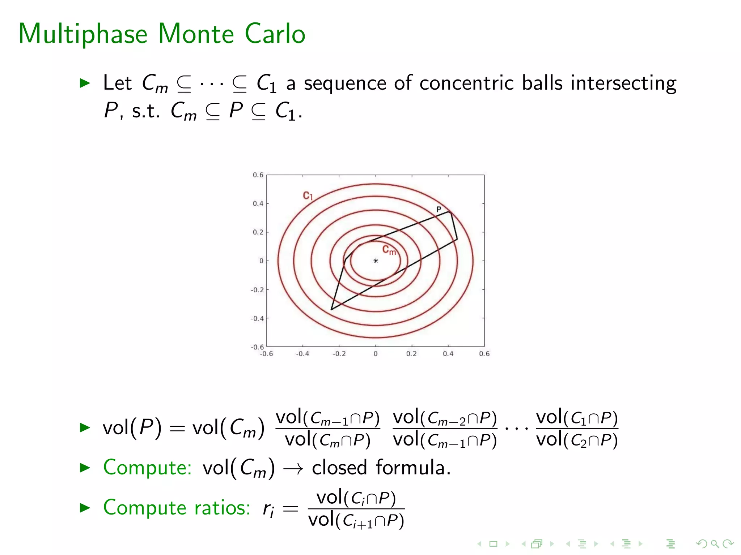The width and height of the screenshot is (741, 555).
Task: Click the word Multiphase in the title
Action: [83, 34]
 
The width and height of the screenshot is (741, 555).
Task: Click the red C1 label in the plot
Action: [308, 196]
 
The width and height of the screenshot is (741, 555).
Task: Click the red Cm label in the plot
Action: [389, 250]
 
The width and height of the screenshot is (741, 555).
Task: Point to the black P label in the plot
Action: [439, 209]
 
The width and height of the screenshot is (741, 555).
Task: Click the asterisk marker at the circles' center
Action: [376, 261]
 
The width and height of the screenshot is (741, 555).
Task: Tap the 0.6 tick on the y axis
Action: [258, 175]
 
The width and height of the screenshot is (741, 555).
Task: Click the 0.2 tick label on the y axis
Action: [258, 232]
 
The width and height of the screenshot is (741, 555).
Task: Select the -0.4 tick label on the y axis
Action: [257, 318]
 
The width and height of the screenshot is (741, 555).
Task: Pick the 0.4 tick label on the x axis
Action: [448, 354]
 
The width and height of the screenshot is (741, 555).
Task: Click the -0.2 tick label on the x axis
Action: [339, 354]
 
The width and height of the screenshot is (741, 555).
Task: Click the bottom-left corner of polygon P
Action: [331, 309]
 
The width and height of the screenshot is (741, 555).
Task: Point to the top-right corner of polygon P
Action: [450, 212]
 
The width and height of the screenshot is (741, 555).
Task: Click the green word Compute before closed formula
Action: [147, 468]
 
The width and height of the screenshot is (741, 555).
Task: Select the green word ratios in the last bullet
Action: [222, 507]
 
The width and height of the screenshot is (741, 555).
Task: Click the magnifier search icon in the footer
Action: [715, 543]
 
